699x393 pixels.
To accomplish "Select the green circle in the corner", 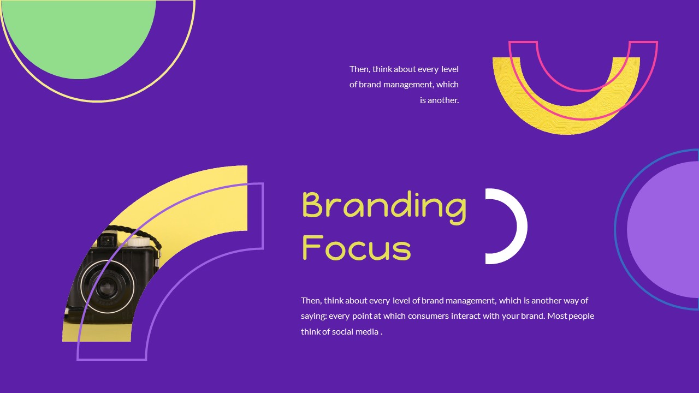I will click(76, 33).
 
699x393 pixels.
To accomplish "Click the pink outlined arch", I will click(583, 106).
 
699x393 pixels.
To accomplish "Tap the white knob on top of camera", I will click(141, 240).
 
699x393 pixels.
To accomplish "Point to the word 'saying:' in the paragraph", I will click(313, 316).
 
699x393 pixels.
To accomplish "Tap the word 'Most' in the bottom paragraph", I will click(557, 316).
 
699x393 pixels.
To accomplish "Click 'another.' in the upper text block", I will click(439, 100).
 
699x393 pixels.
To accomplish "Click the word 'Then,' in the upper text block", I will click(360, 69).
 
